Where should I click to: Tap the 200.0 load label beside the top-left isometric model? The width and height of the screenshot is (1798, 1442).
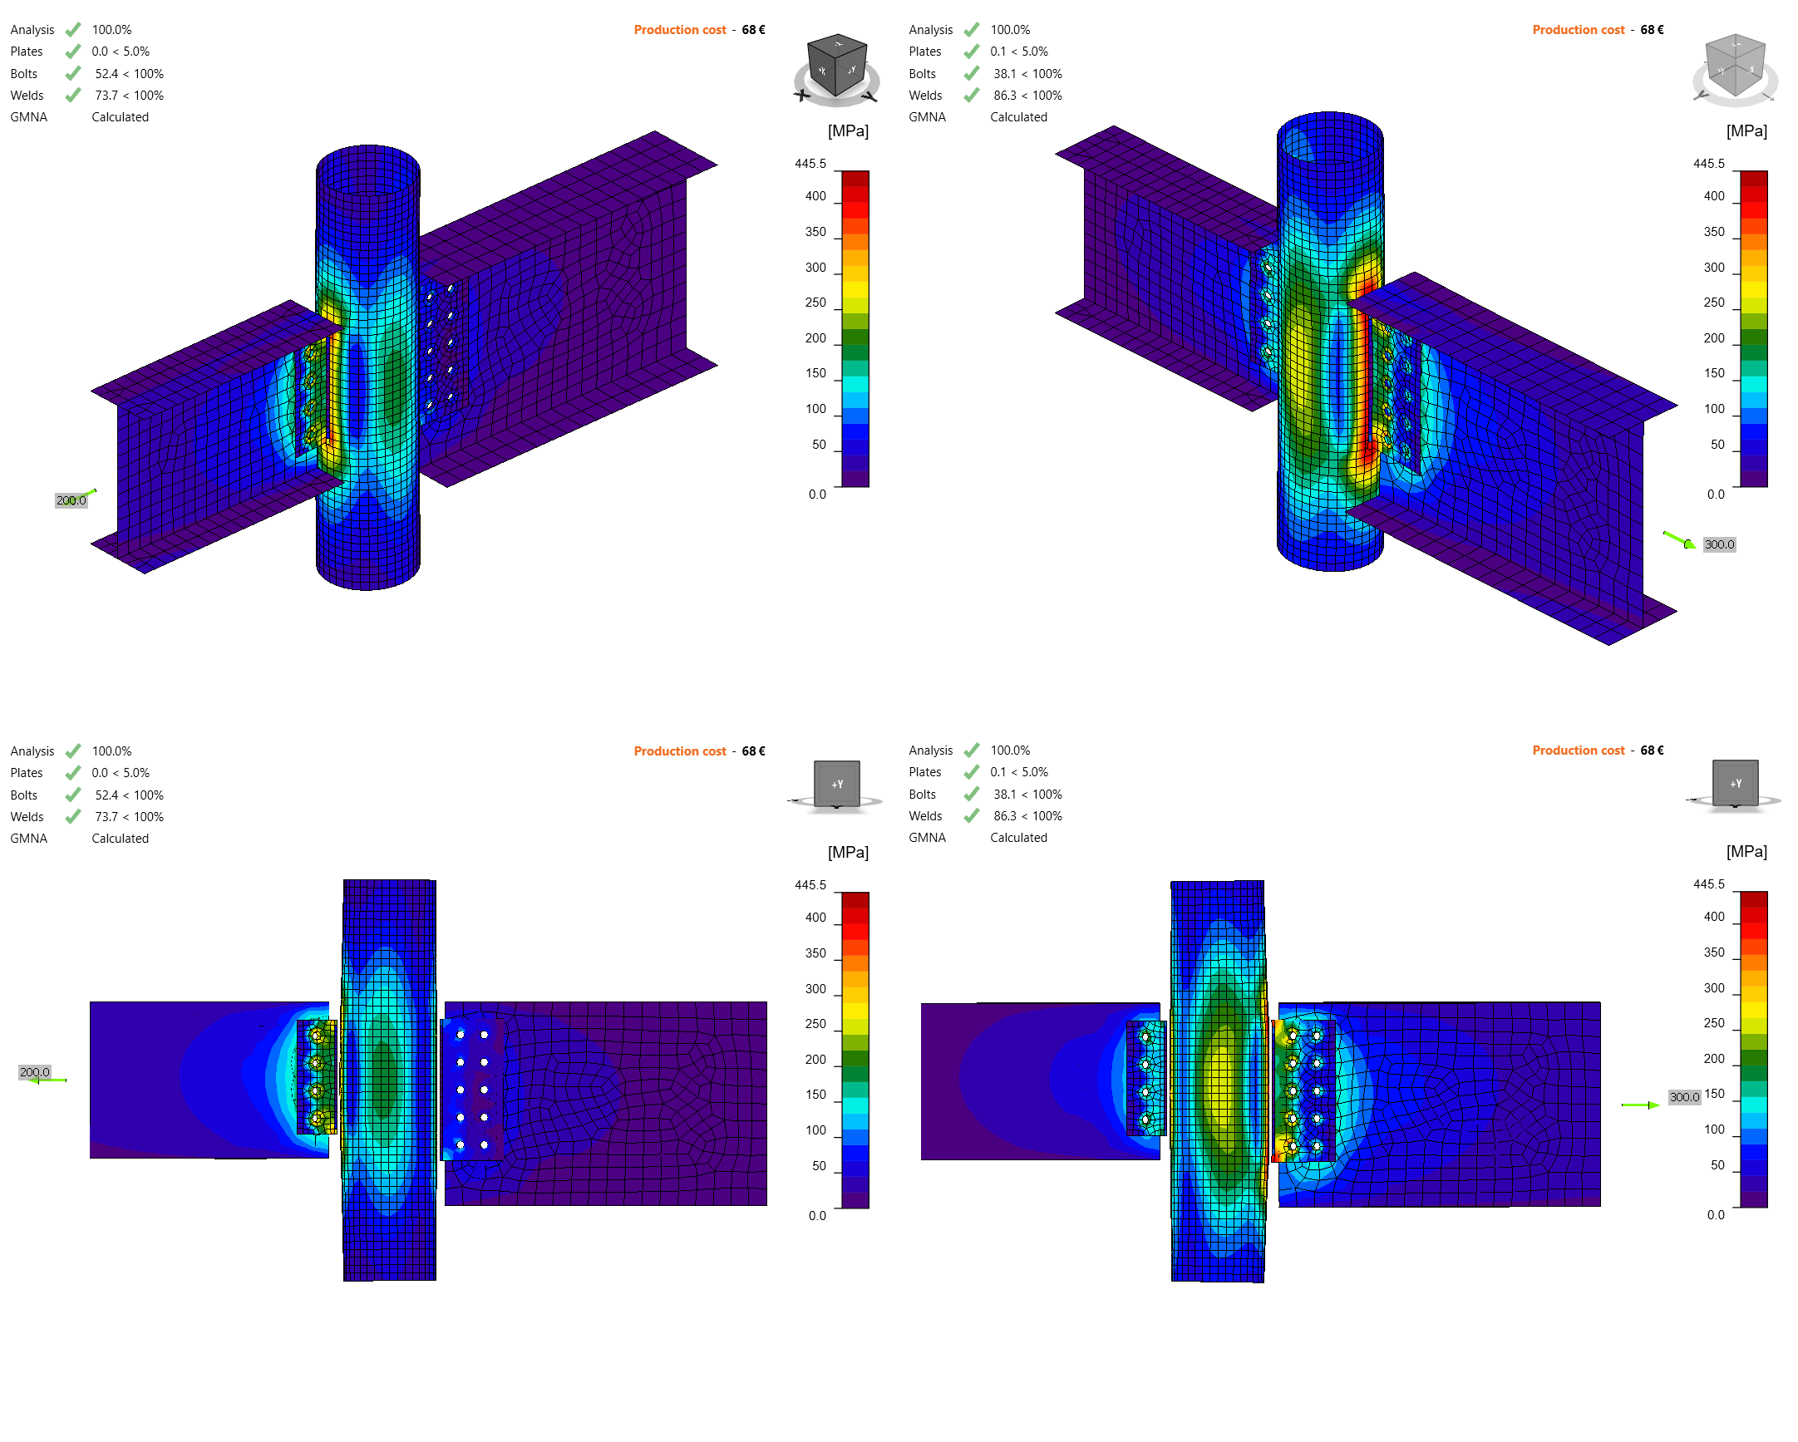pos(71,500)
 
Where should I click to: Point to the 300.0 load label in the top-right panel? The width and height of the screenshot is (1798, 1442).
pos(1719,544)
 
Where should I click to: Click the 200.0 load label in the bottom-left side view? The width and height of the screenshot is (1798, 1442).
pos(35,1072)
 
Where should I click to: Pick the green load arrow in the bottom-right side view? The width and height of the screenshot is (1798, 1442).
pos(1640,1105)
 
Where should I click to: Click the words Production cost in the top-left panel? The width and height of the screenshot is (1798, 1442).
pos(680,30)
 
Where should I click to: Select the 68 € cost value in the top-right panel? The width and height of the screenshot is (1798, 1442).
pos(1651,30)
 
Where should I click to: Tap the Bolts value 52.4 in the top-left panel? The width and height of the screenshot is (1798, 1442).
pos(106,74)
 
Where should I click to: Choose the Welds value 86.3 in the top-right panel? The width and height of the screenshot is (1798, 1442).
pos(1005,96)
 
